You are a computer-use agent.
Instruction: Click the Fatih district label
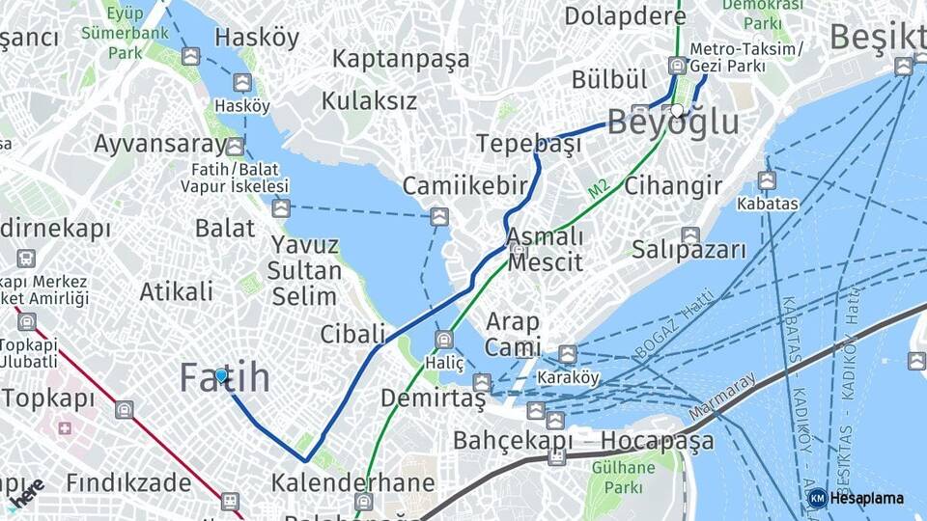[x=225, y=378]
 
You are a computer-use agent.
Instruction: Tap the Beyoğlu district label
[x=673, y=123]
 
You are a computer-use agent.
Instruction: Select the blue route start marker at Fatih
[x=221, y=375]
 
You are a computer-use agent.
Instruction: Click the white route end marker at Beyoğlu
[x=677, y=110]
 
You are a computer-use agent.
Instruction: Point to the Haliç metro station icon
[x=443, y=340]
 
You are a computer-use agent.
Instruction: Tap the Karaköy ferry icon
[x=568, y=354]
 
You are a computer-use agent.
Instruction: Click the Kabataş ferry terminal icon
[x=767, y=180]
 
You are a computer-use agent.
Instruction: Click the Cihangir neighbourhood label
[x=673, y=185]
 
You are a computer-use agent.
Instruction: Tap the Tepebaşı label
[x=528, y=144]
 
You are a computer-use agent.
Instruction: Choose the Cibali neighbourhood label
[x=352, y=334]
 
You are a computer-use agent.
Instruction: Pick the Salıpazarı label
[x=689, y=250]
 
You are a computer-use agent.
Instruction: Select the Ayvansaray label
[x=160, y=145]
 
